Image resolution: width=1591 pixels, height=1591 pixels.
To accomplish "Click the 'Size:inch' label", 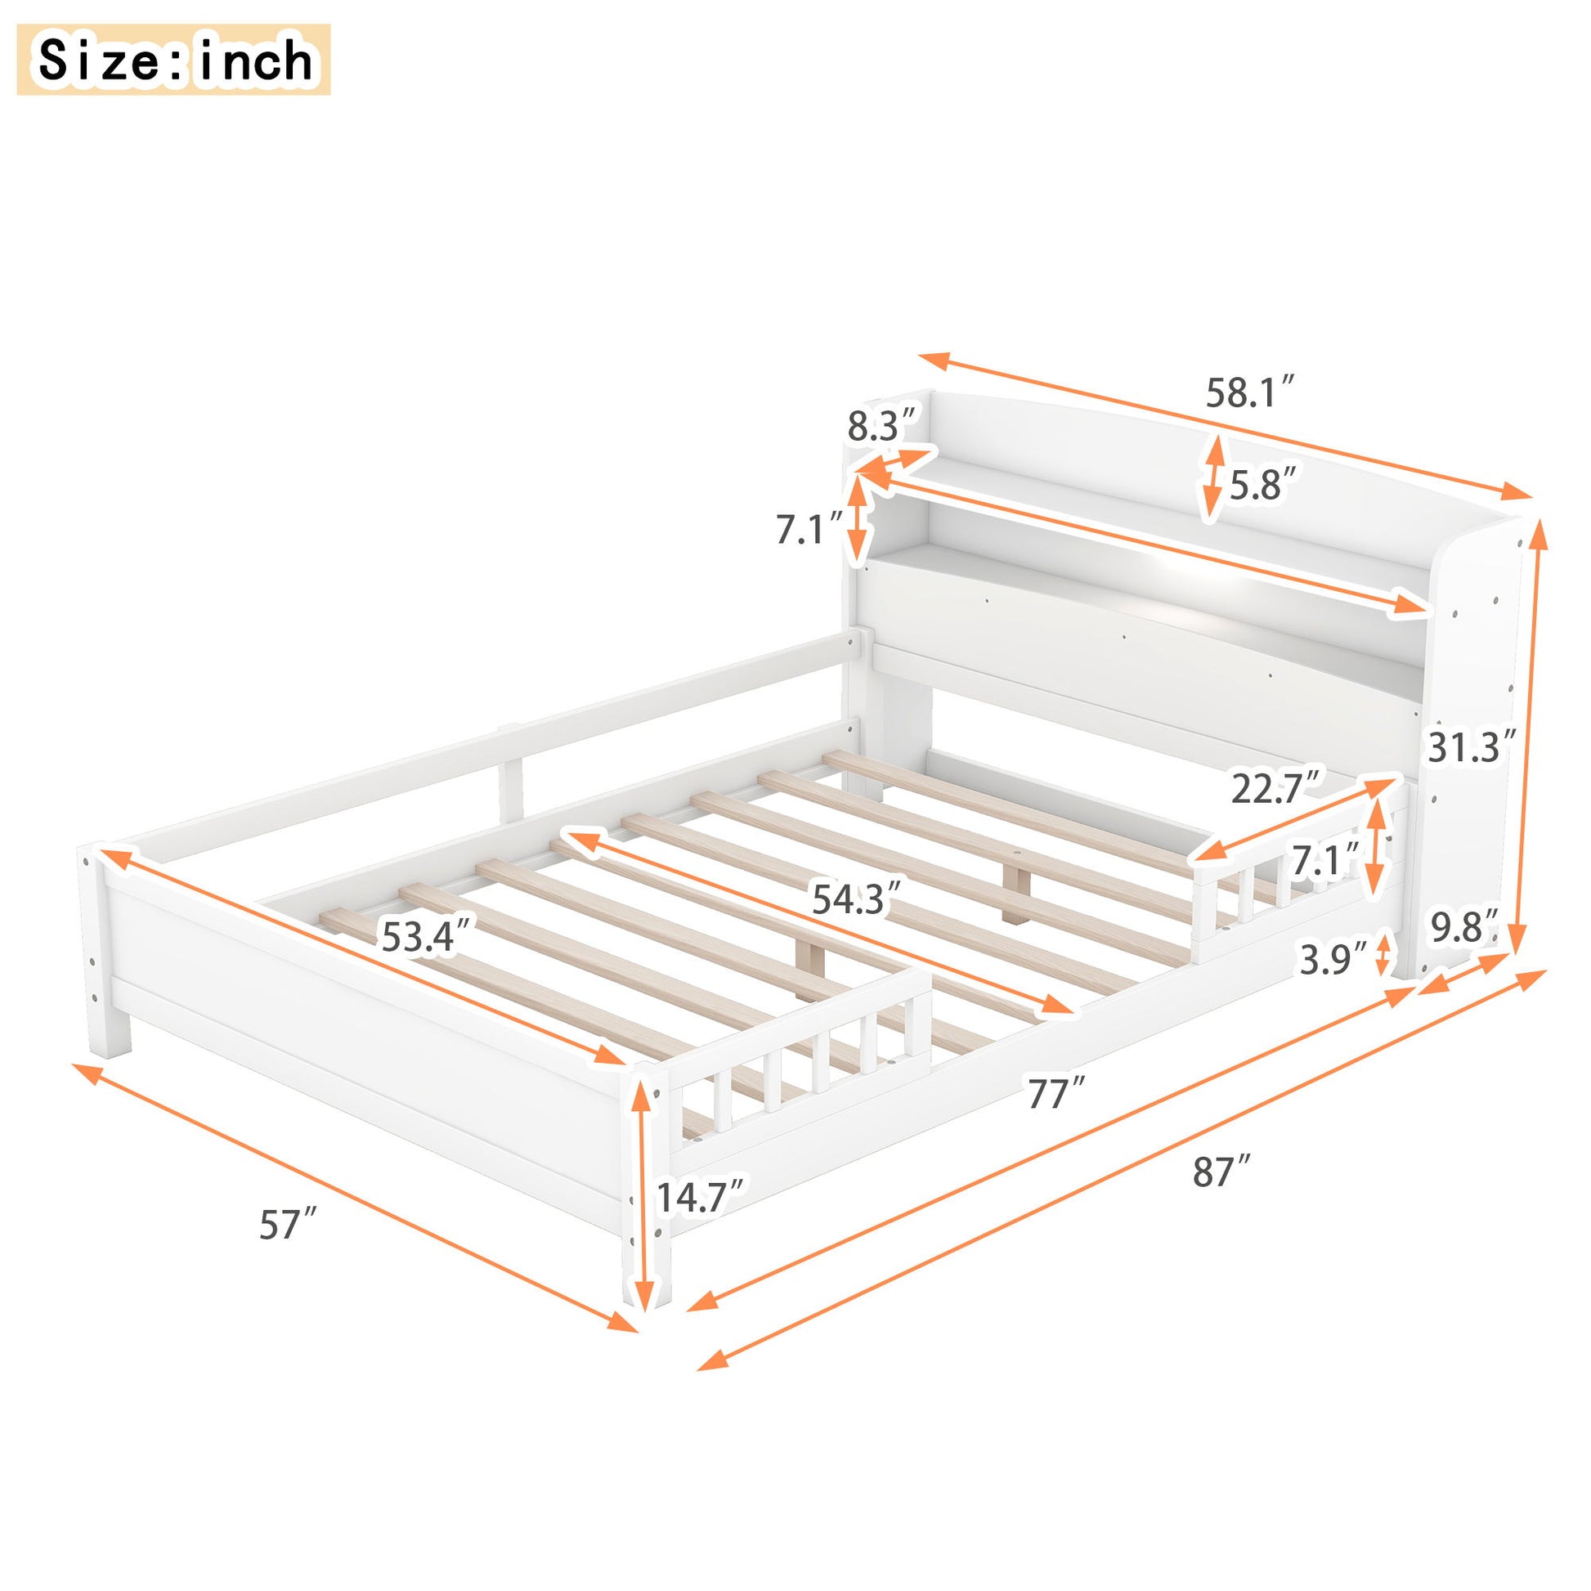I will click(x=174, y=61).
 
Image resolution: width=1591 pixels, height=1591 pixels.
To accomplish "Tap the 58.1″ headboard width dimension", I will click(x=1251, y=392).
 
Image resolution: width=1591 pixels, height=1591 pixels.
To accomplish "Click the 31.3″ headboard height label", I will click(x=1471, y=748).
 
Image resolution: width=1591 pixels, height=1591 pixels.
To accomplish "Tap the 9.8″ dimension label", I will click(x=1464, y=929).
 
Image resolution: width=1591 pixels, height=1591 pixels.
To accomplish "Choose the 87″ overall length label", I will click(x=1222, y=1172).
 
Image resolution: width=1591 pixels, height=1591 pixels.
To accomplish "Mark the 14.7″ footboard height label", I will click(x=701, y=1197).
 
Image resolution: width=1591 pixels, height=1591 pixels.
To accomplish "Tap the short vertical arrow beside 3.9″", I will click(x=1383, y=953).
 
